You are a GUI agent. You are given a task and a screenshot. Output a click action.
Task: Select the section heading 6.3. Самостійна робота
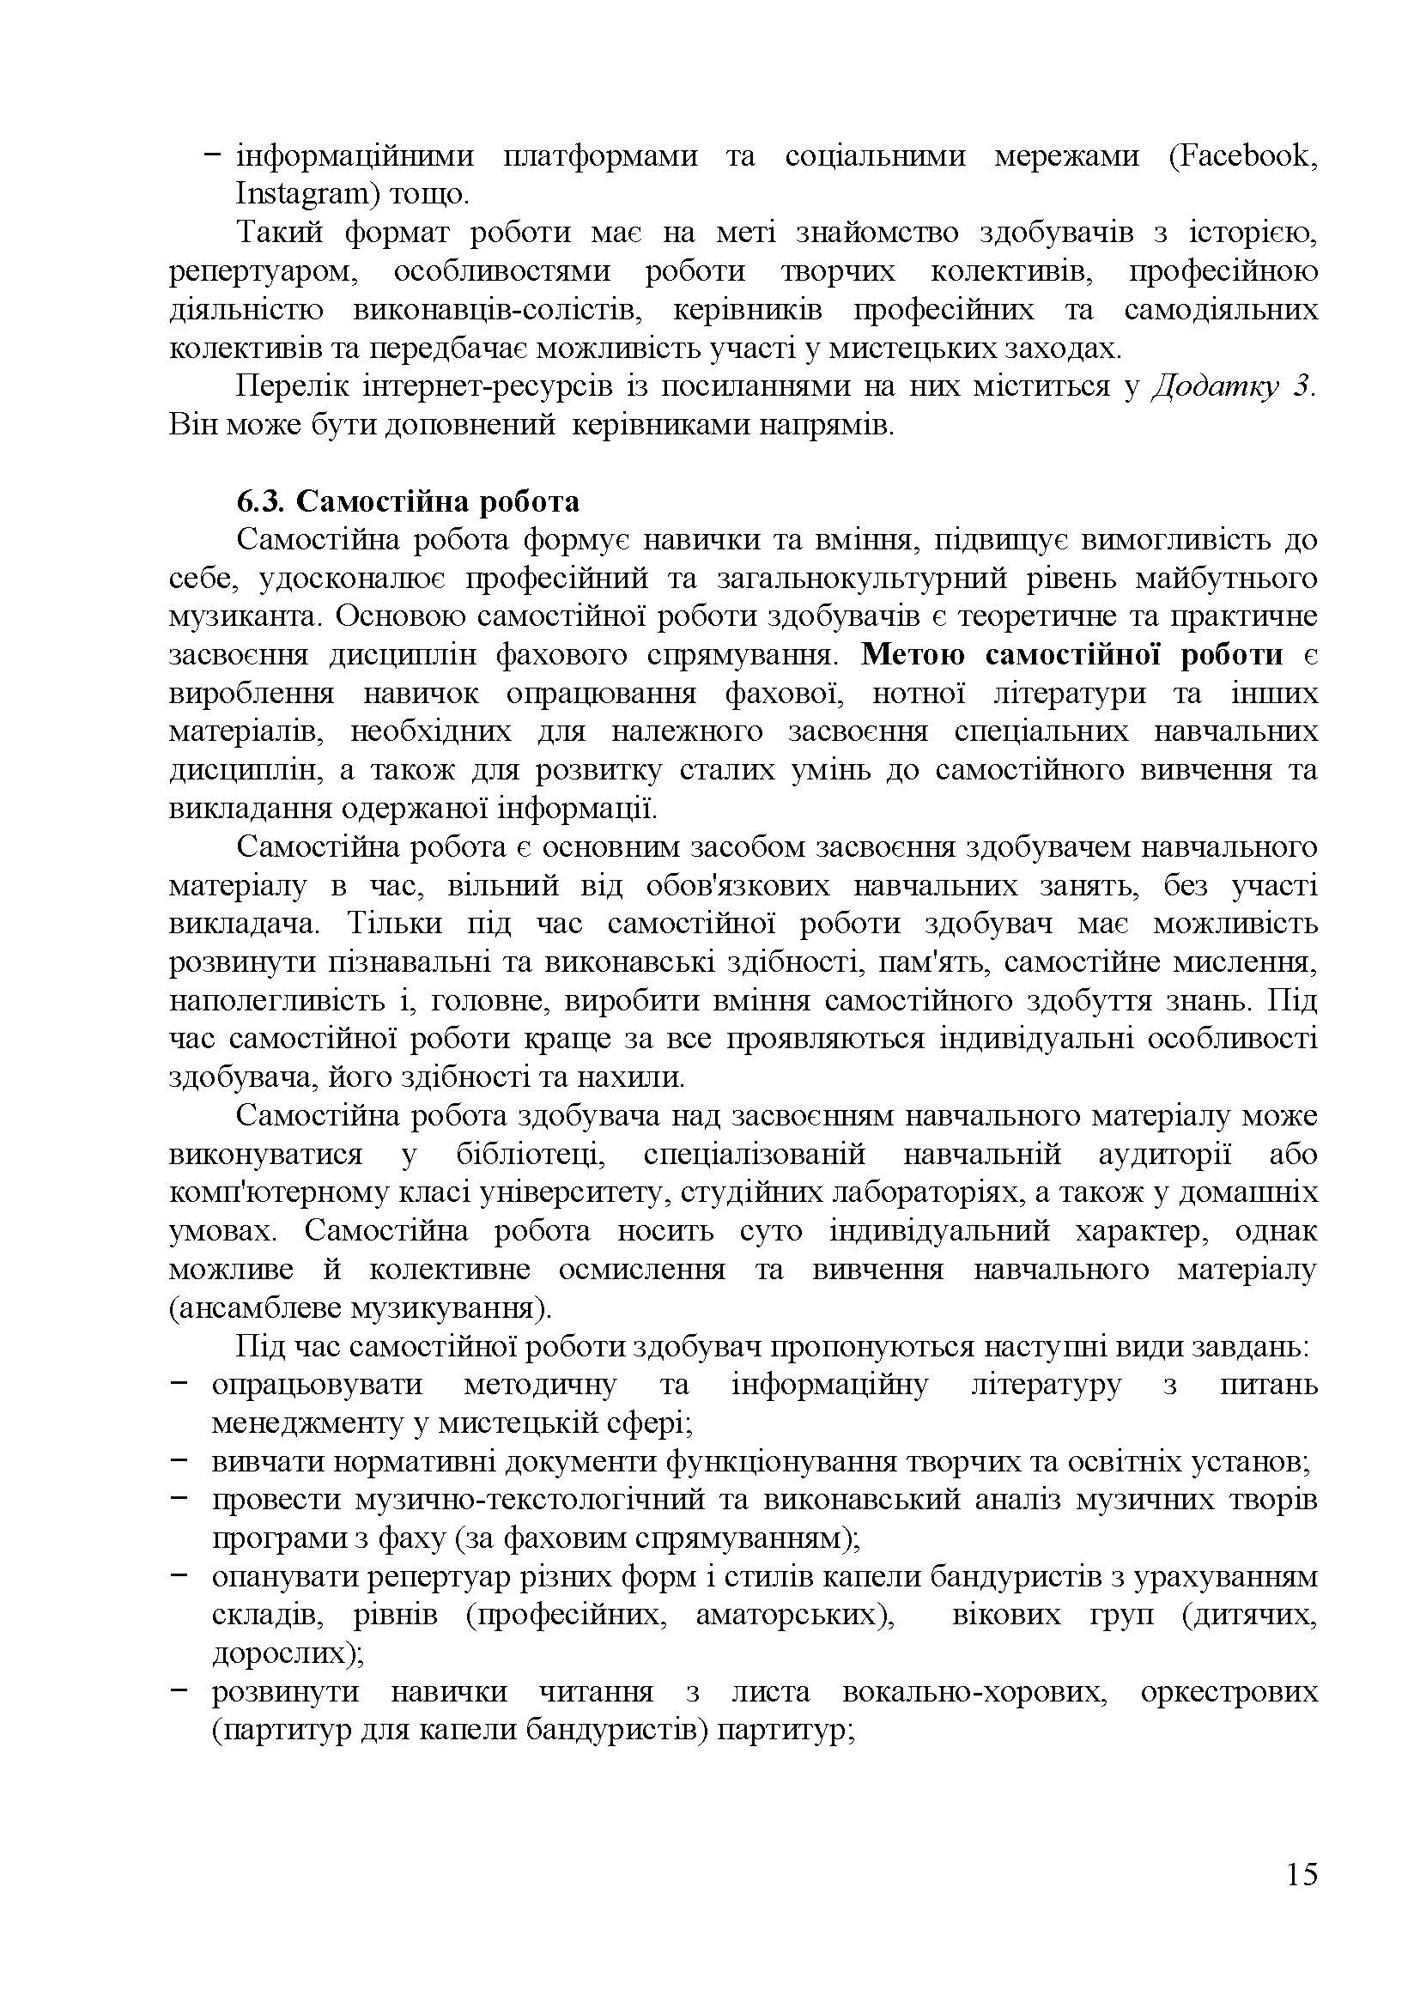coord(408,502)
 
